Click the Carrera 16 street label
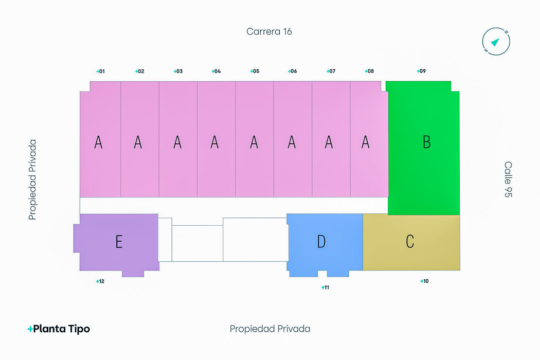pos(269,31)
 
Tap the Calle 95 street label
pos(508,179)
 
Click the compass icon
pos(496,41)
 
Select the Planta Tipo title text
pos(59,329)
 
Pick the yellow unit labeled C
pos(411,242)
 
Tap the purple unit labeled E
pos(118,242)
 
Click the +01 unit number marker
pos(100,71)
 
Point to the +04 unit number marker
pos(216,71)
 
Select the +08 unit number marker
pos(369,71)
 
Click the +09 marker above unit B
pos(421,71)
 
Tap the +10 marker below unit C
pos(424,281)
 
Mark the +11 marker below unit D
pos(325,287)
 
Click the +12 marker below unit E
pos(100,281)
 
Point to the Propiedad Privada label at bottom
pos(270,329)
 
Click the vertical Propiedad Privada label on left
pos(33,179)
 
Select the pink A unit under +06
pos(292,141)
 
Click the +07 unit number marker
pos(331,71)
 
